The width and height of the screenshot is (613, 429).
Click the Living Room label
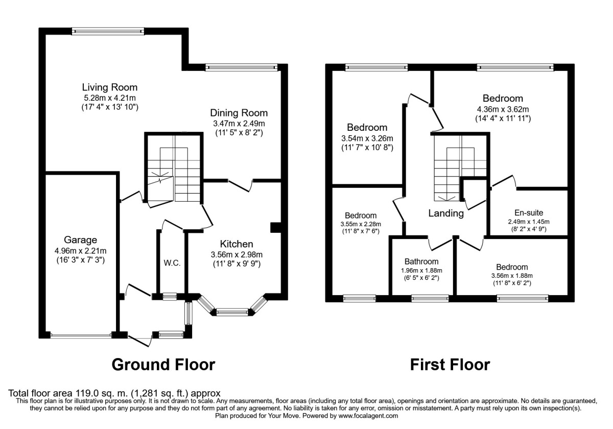pyautogui.click(x=110, y=87)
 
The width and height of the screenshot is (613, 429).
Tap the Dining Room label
pyautogui.click(x=239, y=113)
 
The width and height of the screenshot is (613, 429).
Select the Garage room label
pyautogui.click(x=81, y=240)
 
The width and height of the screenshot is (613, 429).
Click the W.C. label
pyautogui.click(x=171, y=264)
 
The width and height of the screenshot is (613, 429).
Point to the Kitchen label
pyautogui.click(x=237, y=244)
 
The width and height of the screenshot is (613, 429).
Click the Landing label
pyautogui.click(x=446, y=214)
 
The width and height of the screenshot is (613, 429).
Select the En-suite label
pyautogui.click(x=528, y=212)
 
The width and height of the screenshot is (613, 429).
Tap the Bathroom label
pyautogui.click(x=421, y=261)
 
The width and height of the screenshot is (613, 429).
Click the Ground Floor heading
pyautogui.click(x=163, y=365)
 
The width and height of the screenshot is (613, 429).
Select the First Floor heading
pyautogui.click(x=450, y=365)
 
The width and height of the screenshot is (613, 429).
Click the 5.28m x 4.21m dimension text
pyautogui.click(x=110, y=98)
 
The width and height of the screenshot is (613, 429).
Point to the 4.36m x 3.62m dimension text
pyautogui.click(x=503, y=109)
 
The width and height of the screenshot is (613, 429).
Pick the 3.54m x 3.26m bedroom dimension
pyautogui.click(x=367, y=138)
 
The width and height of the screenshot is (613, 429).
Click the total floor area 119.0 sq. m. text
pyautogui.click(x=115, y=393)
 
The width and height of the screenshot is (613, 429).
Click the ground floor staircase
pyautogui.click(x=174, y=169)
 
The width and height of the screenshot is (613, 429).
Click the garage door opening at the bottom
pyautogui.click(x=81, y=336)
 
